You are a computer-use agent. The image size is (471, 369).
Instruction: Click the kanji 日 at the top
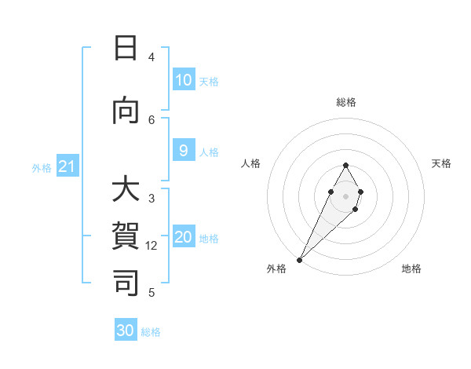(x=126, y=49)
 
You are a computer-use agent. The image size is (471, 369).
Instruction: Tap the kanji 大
(x=126, y=191)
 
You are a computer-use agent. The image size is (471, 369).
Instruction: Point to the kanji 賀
(x=126, y=236)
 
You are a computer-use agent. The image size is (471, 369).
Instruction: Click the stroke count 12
(x=152, y=246)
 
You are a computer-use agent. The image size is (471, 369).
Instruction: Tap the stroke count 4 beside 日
(x=152, y=57)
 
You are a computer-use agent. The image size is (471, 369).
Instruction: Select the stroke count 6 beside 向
(x=152, y=119)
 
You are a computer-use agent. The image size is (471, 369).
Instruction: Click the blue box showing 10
(x=183, y=80)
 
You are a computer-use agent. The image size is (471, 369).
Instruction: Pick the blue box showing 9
(x=183, y=151)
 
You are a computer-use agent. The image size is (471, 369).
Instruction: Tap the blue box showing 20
(x=183, y=238)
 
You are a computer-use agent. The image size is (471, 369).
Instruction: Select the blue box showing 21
(x=67, y=166)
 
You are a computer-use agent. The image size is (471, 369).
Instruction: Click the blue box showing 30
(x=126, y=331)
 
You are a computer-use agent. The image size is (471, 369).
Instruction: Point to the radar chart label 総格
(x=346, y=102)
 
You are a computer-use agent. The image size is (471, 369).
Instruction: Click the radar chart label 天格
(x=441, y=163)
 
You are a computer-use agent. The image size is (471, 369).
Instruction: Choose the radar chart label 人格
(x=251, y=163)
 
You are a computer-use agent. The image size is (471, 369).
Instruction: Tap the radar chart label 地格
(x=411, y=269)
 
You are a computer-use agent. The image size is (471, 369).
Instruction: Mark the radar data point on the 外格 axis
(x=299, y=259)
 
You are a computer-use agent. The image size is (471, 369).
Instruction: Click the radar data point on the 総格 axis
(x=345, y=165)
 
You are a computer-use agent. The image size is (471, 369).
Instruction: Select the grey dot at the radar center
(x=345, y=195)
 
